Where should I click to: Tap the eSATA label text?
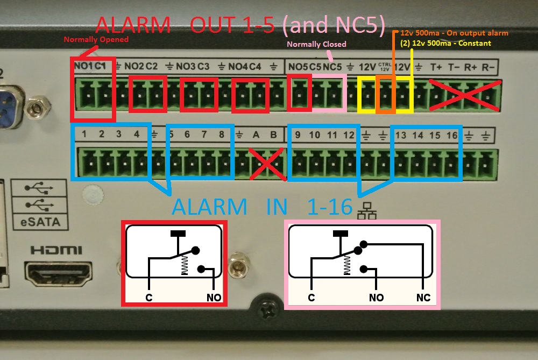point(41,222)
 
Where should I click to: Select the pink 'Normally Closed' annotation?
point(316,44)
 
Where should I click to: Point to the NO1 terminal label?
point(84,66)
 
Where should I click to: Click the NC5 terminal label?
point(333,66)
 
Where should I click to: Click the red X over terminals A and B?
point(267,165)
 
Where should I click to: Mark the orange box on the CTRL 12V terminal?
point(385,94)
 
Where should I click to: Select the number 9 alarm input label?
point(298,135)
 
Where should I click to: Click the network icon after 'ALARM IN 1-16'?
point(367,211)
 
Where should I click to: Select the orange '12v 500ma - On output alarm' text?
point(454,33)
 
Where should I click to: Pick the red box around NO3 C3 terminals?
point(199,95)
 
